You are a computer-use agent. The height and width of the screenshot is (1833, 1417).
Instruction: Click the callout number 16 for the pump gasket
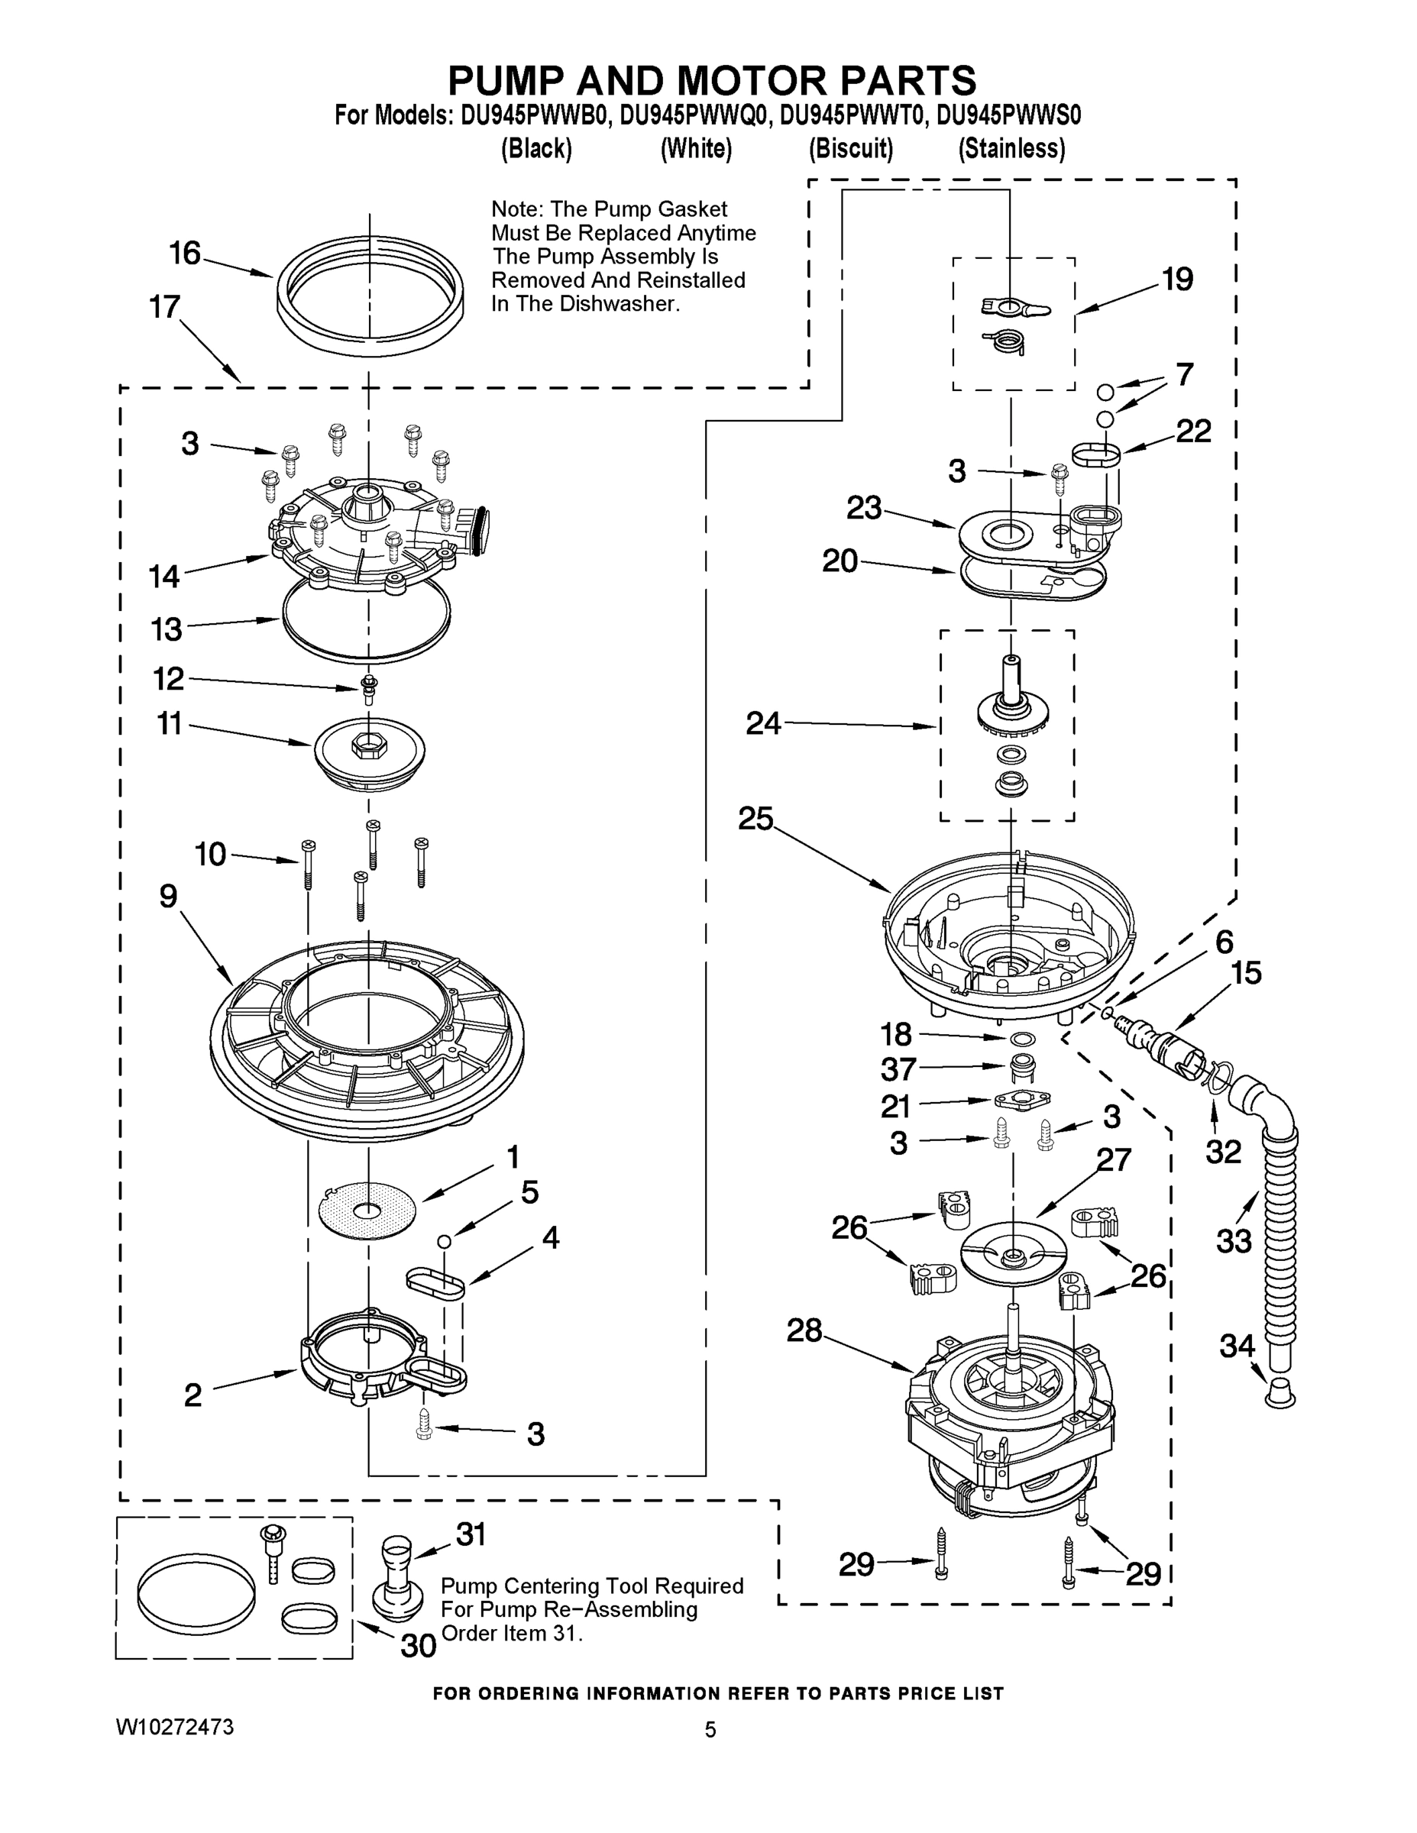[185, 253]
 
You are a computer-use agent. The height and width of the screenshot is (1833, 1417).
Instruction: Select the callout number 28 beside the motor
[804, 1330]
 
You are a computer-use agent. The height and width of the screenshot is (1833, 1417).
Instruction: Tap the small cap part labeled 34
[1280, 1392]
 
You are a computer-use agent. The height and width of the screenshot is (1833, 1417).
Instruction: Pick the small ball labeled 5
[445, 1240]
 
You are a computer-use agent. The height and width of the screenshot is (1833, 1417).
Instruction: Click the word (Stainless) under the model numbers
[1011, 149]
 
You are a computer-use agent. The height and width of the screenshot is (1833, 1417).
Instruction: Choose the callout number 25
[755, 818]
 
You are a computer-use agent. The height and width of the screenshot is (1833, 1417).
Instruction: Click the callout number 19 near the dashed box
[1177, 279]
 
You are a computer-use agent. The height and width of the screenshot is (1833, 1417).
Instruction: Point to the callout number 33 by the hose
[1233, 1240]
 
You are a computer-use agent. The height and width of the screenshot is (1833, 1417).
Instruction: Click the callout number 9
[169, 897]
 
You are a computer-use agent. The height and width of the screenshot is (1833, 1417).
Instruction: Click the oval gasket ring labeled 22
[1096, 456]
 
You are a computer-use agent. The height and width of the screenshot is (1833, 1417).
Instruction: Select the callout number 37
[898, 1069]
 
